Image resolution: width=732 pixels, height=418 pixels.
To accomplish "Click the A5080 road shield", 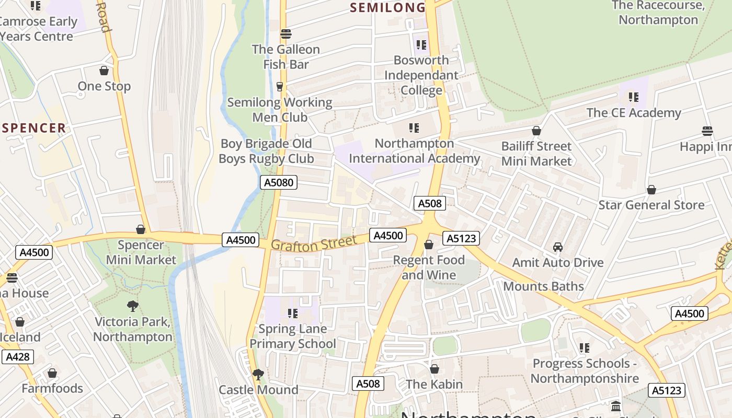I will pos(279,182).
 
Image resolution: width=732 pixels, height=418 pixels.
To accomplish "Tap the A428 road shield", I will pos(17,357).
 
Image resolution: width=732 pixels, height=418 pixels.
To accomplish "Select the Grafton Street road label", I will pos(314,243).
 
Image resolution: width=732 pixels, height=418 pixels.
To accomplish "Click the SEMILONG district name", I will pos(387,7).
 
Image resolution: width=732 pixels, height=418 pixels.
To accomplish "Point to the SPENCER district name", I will pos(34,128).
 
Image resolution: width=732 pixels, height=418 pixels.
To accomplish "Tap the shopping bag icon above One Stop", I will pos(104,71).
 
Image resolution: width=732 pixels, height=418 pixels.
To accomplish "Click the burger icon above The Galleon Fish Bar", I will pos(285,34).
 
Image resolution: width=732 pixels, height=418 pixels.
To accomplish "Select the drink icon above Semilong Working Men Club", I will pos(280,87).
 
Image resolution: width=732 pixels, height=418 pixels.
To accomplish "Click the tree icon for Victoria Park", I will pos(133,306).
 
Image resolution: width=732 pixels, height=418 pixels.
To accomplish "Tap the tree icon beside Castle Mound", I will pos(258,374).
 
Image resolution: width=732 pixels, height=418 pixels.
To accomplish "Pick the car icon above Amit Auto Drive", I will pos(558,247).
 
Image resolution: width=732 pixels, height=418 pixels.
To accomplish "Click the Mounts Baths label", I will pos(543,286).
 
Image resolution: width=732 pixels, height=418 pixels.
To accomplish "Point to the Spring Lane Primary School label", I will pos(293,336).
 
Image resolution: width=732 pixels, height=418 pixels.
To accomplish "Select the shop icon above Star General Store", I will pos(651,189).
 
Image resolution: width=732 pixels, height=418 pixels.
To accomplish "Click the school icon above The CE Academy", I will pos(634,97).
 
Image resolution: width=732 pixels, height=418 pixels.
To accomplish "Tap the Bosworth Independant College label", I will pos(421,75).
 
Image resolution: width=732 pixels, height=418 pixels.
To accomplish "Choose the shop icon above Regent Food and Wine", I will pos(429,245).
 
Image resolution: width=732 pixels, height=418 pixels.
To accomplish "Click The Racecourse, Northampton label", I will pos(658,13).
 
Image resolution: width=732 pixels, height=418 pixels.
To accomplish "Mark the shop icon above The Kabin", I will pos(434,369).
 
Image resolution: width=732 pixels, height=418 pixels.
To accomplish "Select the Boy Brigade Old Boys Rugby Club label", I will pos(266,151).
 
